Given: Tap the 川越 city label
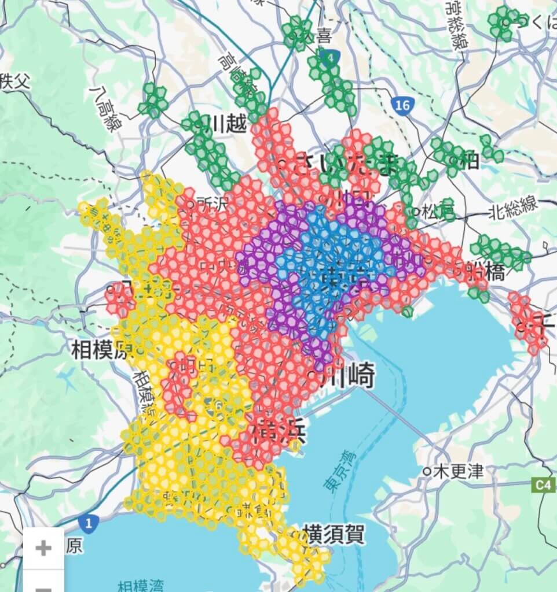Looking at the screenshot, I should (228, 123).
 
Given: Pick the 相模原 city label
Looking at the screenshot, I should (100, 350).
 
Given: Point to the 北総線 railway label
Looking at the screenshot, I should (513, 208).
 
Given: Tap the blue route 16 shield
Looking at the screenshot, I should (402, 105).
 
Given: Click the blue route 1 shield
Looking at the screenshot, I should (88, 524).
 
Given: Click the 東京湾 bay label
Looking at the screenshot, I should (336, 471).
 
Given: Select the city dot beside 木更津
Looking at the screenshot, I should (426, 471).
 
